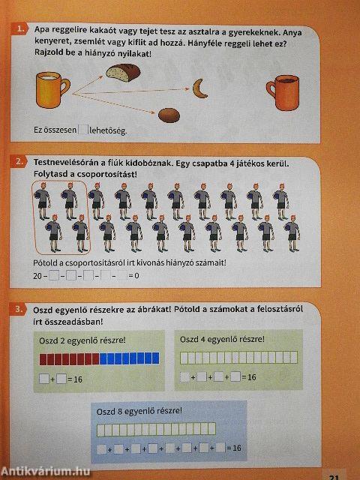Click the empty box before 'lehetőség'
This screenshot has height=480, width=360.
(x=82, y=130)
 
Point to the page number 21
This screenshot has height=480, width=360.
(x=335, y=473)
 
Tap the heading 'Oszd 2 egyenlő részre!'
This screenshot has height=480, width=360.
(x=82, y=340)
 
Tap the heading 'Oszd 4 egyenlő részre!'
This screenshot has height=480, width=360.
(x=222, y=339)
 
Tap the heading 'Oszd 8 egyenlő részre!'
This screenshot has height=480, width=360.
(x=139, y=411)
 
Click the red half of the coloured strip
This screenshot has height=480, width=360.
(x=68, y=359)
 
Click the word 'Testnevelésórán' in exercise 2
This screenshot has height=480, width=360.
(x=64, y=163)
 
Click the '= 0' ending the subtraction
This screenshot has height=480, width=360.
(x=133, y=277)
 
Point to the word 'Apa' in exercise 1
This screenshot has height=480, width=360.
(x=43, y=30)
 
